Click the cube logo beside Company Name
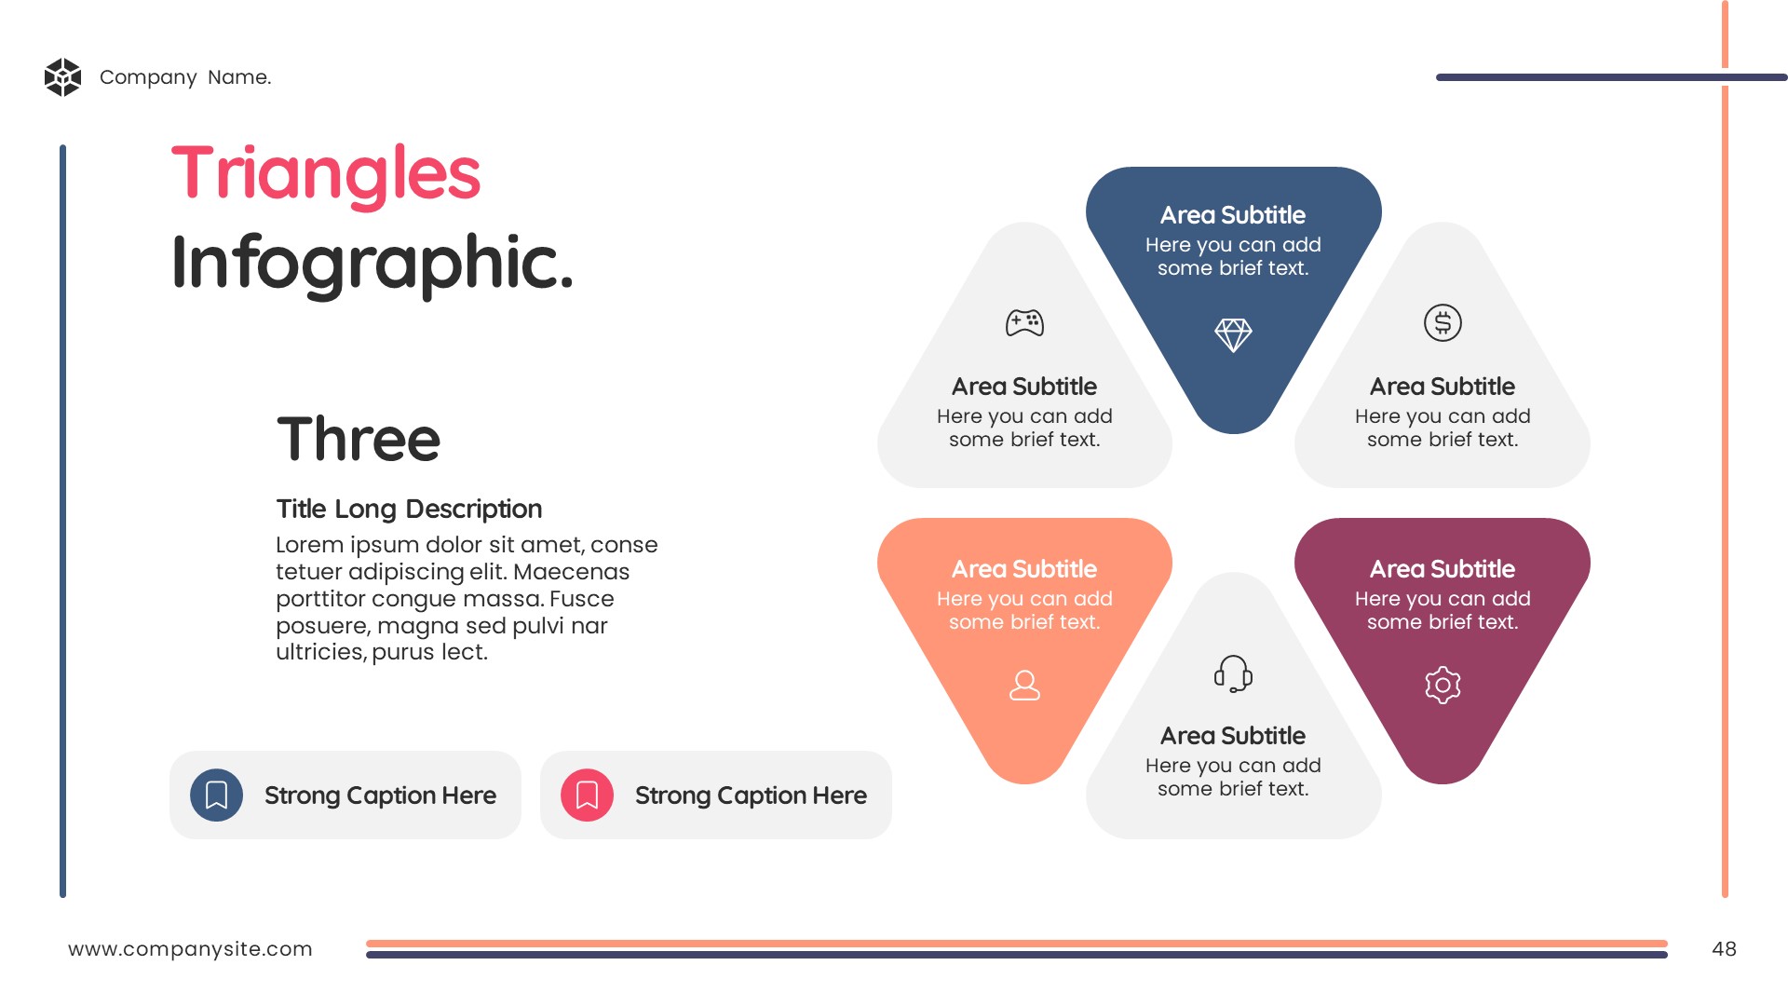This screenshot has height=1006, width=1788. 63,77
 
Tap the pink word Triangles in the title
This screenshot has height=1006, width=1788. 326,175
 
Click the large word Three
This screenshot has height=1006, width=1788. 359,439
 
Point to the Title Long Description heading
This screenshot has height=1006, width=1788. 409,509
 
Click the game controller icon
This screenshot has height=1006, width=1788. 1024,323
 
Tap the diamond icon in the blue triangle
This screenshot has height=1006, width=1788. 1233,334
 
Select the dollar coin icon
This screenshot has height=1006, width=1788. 1443,323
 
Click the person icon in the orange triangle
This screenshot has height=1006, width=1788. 1024,686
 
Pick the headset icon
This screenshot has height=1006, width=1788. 1233,673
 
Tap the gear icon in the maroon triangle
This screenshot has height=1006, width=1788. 1443,686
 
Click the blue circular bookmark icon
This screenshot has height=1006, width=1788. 216,795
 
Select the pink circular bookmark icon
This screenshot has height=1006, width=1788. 587,795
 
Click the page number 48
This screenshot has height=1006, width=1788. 1724,949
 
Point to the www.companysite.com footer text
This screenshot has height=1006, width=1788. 190,949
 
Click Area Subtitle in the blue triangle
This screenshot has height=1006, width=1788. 1233,215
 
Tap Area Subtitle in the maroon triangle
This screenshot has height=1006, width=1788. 1443,569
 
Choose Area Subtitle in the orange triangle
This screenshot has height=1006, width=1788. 1024,569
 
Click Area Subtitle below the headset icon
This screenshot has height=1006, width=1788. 1233,736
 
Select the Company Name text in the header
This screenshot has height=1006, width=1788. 185,77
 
